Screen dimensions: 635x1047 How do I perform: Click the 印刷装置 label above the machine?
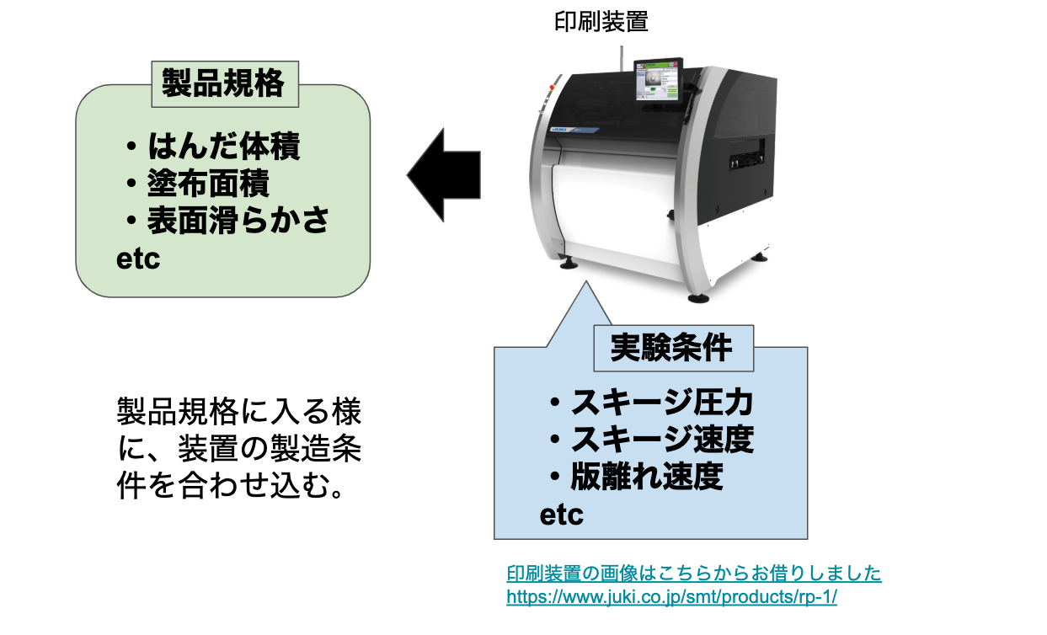(x=601, y=21)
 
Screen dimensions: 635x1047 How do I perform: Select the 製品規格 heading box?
(x=223, y=84)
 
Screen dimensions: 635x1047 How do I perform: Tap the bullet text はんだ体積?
(x=223, y=147)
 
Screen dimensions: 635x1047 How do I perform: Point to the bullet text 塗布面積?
(x=208, y=184)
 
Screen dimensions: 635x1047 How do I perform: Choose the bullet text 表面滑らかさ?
(x=238, y=220)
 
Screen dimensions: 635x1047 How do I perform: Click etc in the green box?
(x=137, y=259)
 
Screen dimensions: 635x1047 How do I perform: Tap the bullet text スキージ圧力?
(x=661, y=403)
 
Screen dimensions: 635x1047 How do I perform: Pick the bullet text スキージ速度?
(x=661, y=440)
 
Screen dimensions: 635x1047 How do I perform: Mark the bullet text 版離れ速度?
(x=646, y=477)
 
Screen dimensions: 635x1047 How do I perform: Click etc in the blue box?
(x=561, y=514)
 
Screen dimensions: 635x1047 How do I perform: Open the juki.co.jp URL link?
(x=671, y=597)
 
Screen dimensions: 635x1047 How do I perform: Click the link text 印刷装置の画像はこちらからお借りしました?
(x=693, y=574)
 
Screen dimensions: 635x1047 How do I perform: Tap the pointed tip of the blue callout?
(x=586, y=285)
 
